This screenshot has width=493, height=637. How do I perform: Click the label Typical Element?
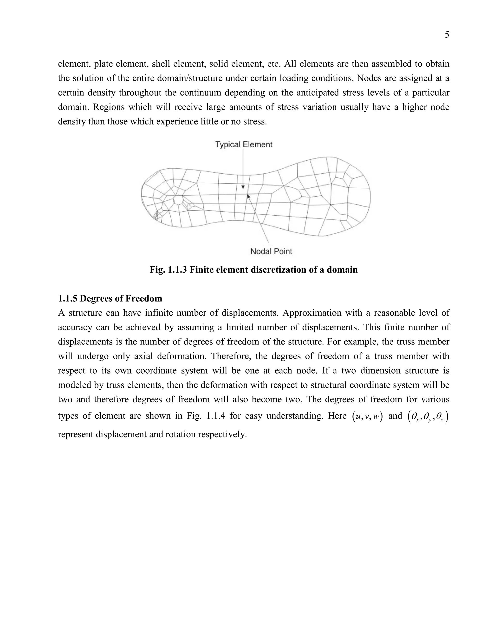[244, 144]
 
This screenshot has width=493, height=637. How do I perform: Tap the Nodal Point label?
[271, 251]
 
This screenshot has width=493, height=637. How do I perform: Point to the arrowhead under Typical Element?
[243, 187]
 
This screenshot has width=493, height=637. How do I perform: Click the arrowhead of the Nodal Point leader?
[248, 196]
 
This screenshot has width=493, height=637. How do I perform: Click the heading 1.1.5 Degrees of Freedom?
[110, 298]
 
